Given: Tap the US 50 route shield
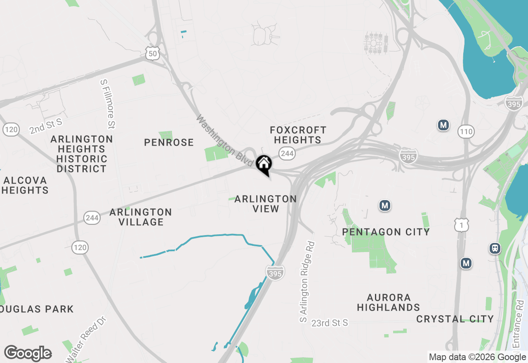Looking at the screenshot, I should pyautogui.click(x=152, y=53).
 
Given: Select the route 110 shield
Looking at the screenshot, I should pyautogui.click(x=466, y=132).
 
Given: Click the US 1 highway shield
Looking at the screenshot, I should pyautogui.click(x=461, y=224).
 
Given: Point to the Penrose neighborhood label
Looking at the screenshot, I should pyautogui.click(x=169, y=143).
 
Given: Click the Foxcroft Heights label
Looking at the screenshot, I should pyautogui.click(x=298, y=135).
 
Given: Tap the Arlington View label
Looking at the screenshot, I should pyautogui.click(x=266, y=204).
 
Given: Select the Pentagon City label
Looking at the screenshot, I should pyautogui.click(x=386, y=232).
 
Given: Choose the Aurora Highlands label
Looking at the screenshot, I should pyautogui.click(x=388, y=302).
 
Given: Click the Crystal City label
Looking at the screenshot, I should pyautogui.click(x=455, y=319).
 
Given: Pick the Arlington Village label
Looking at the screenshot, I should pyautogui.click(x=141, y=217).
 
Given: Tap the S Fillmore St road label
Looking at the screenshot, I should pyautogui.click(x=107, y=104).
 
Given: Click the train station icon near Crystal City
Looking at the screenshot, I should pyautogui.click(x=495, y=248).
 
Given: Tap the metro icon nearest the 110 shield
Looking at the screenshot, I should pyautogui.click(x=443, y=125).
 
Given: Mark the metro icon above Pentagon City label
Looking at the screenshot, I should pyautogui.click(x=385, y=205).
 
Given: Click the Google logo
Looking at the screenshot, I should pyautogui.click(x=28, y=353).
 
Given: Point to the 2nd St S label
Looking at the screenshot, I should pyautogui.click(x=45, y=126).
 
